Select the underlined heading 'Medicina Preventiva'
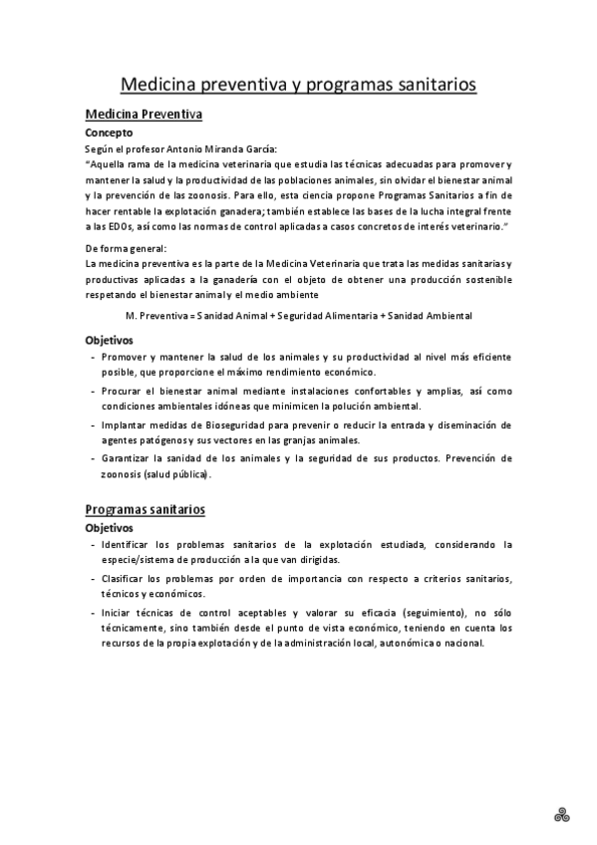[144, 115]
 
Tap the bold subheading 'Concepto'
[109, 132]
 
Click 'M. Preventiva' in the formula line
[158, 315]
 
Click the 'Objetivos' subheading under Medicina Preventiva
[110, 340]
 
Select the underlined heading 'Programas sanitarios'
[146, 509]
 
